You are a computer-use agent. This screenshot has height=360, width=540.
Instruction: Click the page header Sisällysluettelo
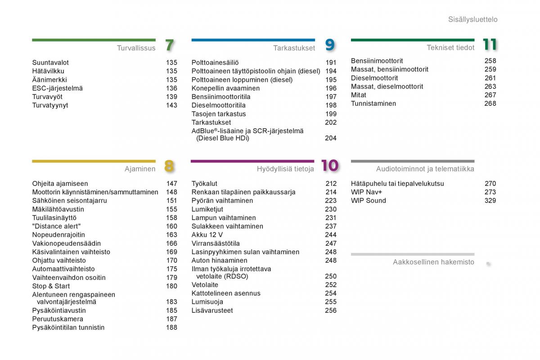473,19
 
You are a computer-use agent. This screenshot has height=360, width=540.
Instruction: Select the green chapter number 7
170,45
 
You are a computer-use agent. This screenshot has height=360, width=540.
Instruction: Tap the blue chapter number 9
330,45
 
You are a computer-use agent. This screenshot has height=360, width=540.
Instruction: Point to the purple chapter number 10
330,166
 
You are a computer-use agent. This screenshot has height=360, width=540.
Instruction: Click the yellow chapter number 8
169,166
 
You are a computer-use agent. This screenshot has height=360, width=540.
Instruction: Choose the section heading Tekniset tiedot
450,48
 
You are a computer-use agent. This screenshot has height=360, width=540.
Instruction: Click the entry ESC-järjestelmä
58,88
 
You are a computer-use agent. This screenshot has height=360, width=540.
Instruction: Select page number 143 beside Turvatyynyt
171,105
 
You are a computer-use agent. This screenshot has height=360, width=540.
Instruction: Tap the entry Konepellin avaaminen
225,88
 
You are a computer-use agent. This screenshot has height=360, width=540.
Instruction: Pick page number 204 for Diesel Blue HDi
330,138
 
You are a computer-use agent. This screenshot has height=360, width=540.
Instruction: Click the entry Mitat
358,95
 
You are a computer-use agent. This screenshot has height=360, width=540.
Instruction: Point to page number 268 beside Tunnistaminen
490,103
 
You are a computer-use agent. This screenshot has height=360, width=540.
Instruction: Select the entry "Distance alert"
56,226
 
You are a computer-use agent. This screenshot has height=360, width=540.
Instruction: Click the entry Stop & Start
51,286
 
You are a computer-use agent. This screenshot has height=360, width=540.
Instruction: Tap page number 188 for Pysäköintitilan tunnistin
171,328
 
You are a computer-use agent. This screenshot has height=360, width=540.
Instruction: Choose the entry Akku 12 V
207,234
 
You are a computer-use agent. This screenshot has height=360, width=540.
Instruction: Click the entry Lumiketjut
207,209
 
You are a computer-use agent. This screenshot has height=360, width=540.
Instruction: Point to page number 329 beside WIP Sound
490,200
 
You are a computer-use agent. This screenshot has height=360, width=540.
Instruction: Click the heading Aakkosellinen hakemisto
433,262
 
